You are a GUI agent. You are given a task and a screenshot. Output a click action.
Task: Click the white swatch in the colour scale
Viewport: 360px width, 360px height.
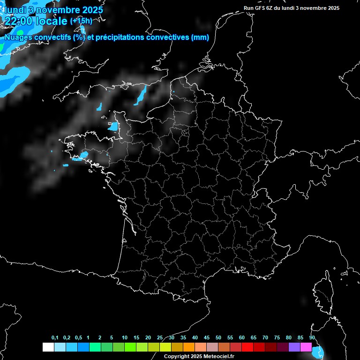point(48,347)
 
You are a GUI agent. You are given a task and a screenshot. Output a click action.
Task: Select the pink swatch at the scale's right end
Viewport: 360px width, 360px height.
point(306,347)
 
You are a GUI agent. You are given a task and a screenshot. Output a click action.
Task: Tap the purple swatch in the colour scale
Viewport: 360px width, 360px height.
point(294,347)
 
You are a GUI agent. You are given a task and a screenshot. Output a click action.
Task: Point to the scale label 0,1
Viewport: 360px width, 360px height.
point(55,338)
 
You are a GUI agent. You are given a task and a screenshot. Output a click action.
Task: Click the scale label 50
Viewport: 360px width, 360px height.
point(218,338)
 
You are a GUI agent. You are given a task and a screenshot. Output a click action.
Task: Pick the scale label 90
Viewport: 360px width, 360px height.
point(312,338)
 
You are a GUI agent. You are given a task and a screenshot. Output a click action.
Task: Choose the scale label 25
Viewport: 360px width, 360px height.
point(160,338)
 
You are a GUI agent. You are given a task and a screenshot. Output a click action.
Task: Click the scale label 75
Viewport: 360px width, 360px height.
point(277,338)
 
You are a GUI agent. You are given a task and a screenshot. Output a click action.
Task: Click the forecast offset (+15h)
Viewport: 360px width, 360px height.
point(81,21)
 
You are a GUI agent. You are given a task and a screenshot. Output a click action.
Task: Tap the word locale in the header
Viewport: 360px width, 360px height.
point(51,21)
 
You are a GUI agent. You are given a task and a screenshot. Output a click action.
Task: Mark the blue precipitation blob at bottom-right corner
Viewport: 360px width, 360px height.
point(320,351)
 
